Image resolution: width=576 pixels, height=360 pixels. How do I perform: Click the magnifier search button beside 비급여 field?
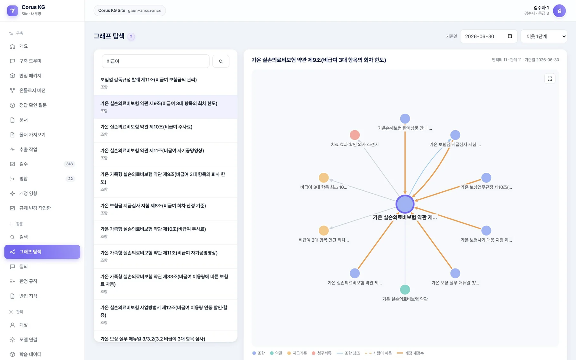pos(221,61)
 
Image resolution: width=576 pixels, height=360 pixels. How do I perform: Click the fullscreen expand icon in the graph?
pos(550,79)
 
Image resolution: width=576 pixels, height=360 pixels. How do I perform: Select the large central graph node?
pos(405,204)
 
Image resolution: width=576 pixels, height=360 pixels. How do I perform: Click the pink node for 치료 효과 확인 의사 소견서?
pos(355,135)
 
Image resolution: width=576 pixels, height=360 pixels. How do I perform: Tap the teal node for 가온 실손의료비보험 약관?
pos(405,290)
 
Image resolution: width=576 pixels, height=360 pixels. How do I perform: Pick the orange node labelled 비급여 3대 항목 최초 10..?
pos(324,178)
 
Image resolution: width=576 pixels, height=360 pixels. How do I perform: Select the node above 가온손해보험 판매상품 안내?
pos(405,119)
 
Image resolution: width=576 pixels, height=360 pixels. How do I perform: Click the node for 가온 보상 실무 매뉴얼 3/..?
pos(455,273)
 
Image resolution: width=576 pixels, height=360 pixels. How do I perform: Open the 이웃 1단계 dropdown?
pos(544,36)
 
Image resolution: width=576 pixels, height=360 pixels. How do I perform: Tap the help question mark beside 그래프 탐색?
pos(131,36)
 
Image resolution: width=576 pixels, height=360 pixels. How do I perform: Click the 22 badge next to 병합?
pos(70,179)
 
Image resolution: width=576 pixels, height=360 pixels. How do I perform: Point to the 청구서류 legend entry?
pos(322,353)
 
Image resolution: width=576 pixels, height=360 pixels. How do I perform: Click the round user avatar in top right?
pos(559,11)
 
